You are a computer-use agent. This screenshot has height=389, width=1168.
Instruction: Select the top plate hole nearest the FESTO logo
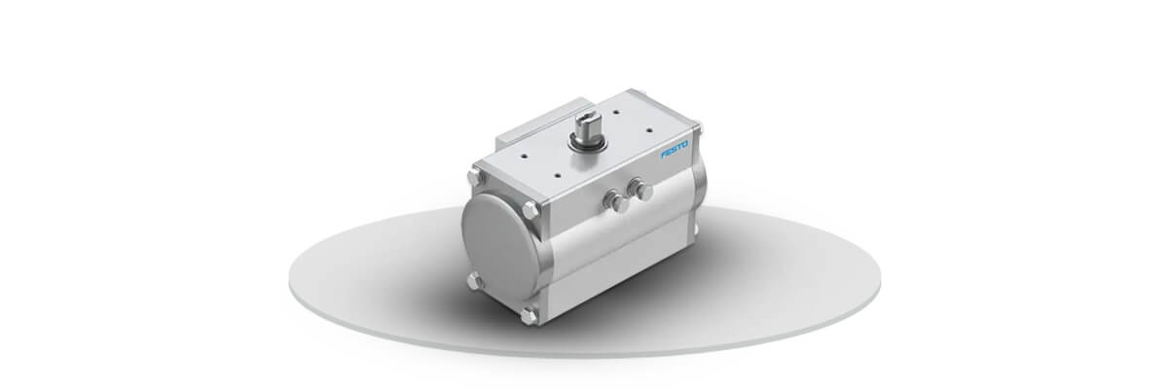[649, 129]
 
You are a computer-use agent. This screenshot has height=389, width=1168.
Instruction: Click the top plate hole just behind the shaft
[616, 111]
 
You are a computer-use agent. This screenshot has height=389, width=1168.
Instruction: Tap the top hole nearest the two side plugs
[558, 176]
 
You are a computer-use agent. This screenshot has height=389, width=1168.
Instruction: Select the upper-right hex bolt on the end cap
[530, 210]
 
